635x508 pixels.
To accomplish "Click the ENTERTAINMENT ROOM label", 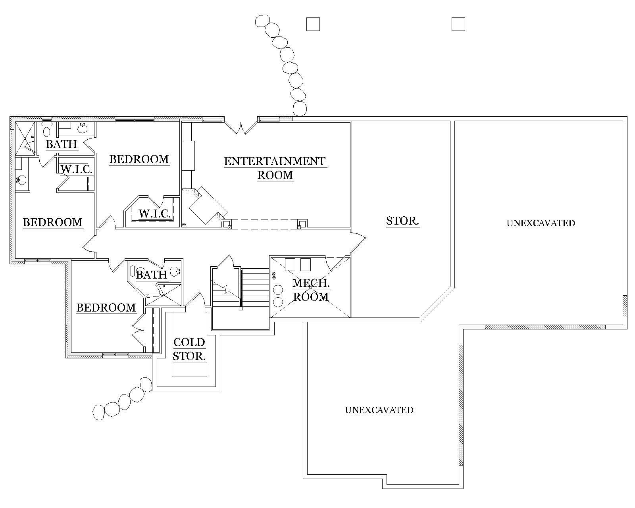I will (275, 168).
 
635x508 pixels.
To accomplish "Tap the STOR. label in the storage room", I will (402, 221).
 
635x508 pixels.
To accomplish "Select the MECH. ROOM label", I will (311, 290).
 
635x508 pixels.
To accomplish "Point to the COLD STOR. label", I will (189, 349).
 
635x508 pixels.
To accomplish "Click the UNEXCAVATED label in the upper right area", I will (541, 223).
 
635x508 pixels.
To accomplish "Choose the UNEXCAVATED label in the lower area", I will (379, 410).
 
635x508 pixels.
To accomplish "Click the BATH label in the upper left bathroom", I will (61, 144).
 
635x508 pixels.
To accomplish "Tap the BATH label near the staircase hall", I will (152, 275).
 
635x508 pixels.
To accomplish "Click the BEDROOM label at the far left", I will (52, 222).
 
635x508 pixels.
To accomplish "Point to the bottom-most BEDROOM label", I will (106, 308).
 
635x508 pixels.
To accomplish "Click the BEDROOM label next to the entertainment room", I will (139, 160).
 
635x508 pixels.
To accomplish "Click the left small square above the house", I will (313, 24).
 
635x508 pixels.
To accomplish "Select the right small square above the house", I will (458, 24).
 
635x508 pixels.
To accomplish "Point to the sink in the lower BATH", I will (174, 271).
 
